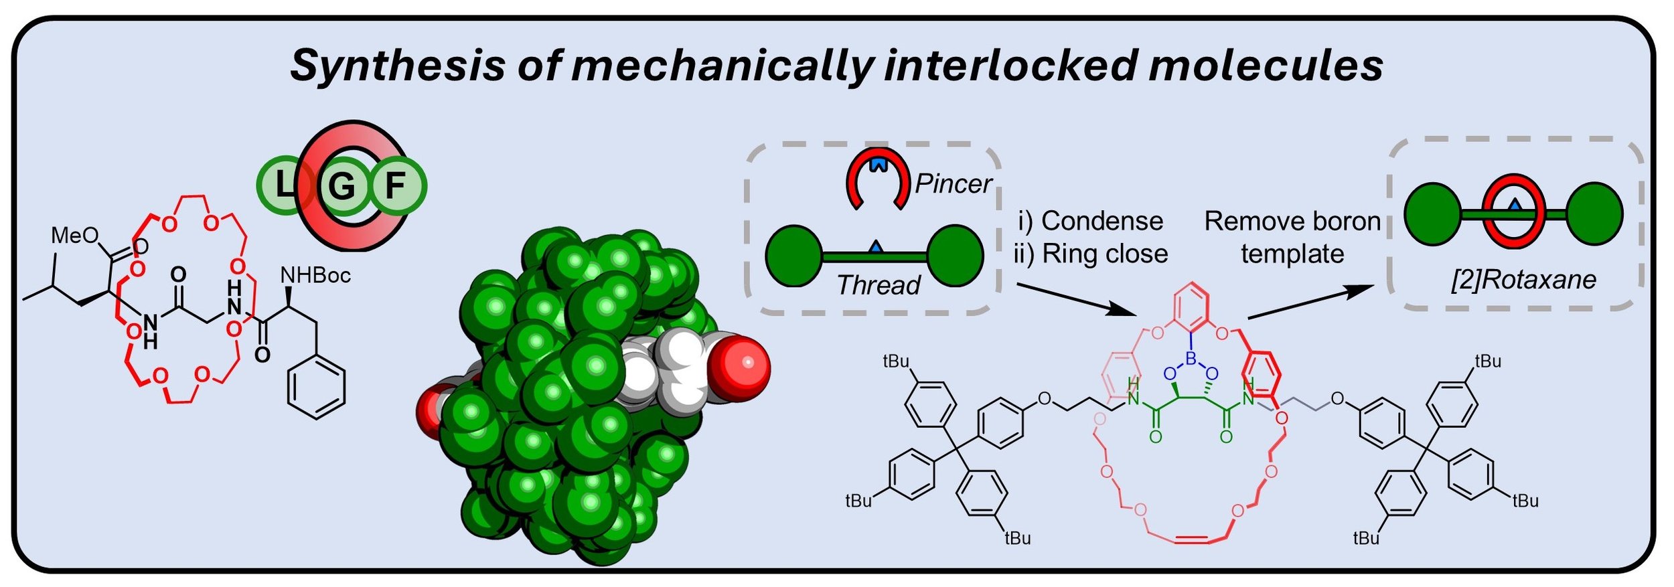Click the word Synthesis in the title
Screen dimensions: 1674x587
397,66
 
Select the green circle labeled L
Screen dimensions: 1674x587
285,185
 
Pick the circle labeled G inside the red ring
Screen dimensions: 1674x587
342,185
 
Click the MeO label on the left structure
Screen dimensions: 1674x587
74,236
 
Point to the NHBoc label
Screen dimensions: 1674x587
315,275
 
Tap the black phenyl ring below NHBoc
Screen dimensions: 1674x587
316,387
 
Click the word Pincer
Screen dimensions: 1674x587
954,184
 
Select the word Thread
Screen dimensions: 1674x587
879,285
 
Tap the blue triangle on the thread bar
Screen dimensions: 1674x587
874,247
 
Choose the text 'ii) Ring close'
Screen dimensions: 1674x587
1091,254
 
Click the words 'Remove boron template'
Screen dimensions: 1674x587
1292,238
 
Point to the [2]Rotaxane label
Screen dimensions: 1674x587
1523,280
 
